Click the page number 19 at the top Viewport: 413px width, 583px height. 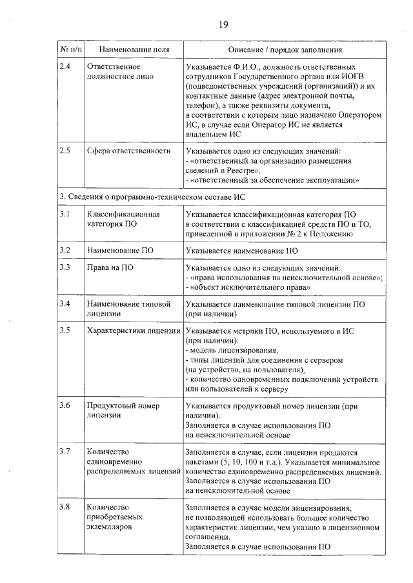[x=223, y=25]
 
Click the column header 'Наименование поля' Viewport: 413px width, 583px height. [x=125, y=49]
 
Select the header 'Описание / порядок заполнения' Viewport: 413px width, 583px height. [x=285, y=49]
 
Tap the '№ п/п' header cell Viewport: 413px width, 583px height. [x=68, y=49]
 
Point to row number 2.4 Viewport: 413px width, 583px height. [x=65, y=66]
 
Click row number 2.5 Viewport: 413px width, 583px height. [x=65, y=151]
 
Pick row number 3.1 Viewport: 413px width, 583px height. [x=65, y=213]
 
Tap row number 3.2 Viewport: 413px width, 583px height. [x=65, y=249]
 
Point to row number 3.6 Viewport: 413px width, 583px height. [x=65, y=405]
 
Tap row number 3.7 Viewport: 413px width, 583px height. [x=65, y=451]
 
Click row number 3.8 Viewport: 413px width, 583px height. [x=65, y=507]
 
